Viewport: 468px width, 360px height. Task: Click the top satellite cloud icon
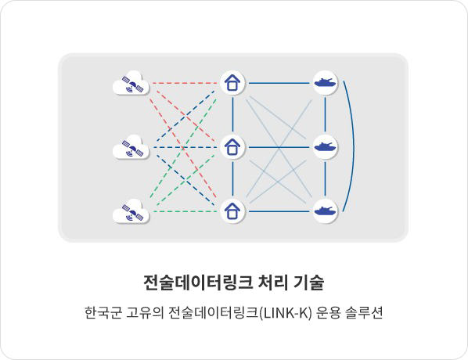pos(131,83)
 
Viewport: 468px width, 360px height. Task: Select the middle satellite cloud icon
pos(131,147)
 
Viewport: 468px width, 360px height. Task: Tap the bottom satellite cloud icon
pos(131,211)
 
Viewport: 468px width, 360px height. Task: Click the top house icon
pos(232,83)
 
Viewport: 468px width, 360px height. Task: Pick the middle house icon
pos(232,147)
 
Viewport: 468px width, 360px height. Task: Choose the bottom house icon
pos(232,211)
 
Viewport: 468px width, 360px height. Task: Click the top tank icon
pos(326,83)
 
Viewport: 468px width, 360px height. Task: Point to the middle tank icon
pos(326,147)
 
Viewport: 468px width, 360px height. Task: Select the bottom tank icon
pos(326,211)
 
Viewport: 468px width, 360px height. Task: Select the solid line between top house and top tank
pos(279,83)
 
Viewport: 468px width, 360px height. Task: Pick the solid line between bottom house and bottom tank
pos(279,211)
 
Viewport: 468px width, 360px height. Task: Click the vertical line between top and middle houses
pos(232,115)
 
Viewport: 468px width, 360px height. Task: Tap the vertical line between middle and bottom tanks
pos(326,179)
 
